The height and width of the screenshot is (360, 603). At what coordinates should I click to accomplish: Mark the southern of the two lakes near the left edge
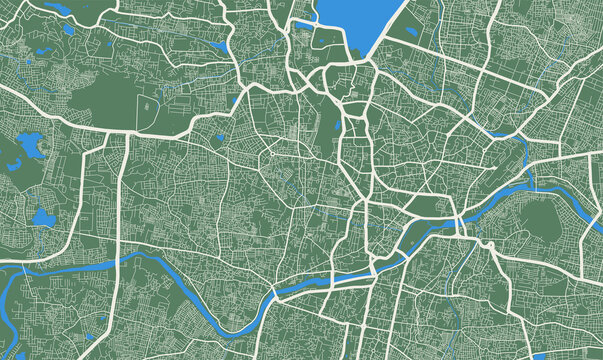point(42,217)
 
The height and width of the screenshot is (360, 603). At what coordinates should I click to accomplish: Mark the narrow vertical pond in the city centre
point(339,127)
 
